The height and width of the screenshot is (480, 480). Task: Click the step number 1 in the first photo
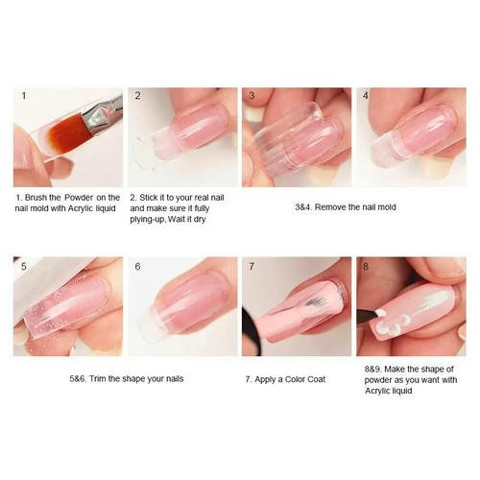point(24,96)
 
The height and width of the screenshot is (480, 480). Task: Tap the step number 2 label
point(137,96)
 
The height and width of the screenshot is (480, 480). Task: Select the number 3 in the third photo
point(252,96)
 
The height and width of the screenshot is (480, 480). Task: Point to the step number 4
point(366,96)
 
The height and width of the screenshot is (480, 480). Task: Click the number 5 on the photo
point(24,266)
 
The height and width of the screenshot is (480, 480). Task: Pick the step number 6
point(137,266)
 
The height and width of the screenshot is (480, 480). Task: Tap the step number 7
point(252,266)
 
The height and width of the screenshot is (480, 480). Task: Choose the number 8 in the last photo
point(366,266)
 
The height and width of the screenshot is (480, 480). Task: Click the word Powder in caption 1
point(79,198)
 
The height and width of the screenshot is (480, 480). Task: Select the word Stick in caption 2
point(149,198)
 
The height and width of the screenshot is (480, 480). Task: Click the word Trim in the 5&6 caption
point(97,379)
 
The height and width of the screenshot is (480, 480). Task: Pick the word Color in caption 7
point(295,379)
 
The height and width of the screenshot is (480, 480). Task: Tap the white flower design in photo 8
point(389,323)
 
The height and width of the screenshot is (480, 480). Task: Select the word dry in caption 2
point(199,220)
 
